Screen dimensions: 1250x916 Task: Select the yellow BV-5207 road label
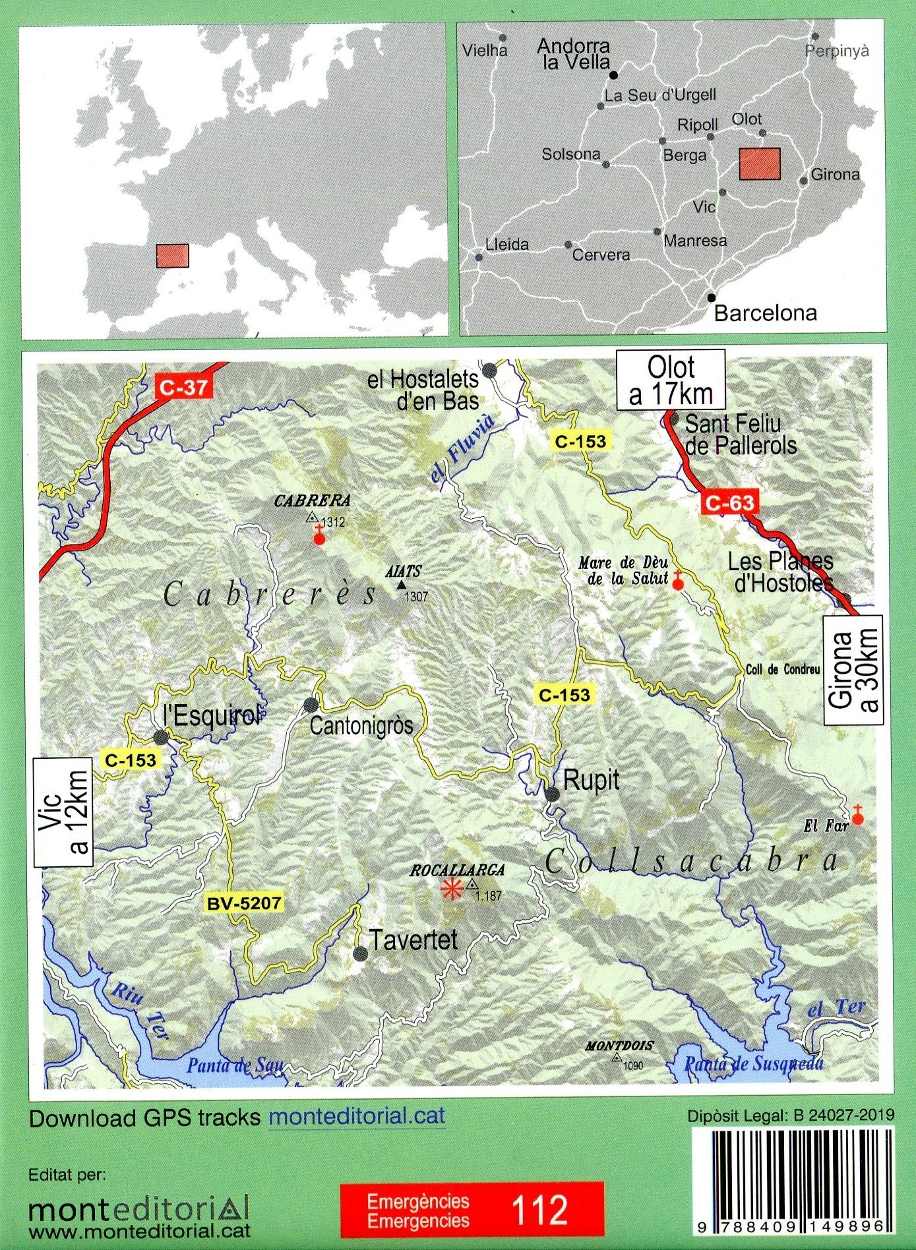[x=243, y=903]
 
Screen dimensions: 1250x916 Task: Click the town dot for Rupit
[x=553, y=794]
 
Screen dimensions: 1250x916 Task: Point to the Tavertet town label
[x=413, y=940]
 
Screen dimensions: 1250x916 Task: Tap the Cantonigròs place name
[x=361, y=726]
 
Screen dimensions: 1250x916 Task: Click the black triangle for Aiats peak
[x=401, y=585]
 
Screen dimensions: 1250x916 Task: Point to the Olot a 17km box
[x=671, y=380]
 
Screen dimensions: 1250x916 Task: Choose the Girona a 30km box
[x=853, y=670]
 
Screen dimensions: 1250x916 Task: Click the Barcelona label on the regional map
[x=765, y=312]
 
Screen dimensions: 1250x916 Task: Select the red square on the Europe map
[x=173, y=256]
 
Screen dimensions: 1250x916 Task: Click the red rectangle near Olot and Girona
[x=760, y=164]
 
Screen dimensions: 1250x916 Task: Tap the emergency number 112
[x=539, y=1210]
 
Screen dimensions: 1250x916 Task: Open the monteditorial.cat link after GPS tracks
[x=357, y=1116]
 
